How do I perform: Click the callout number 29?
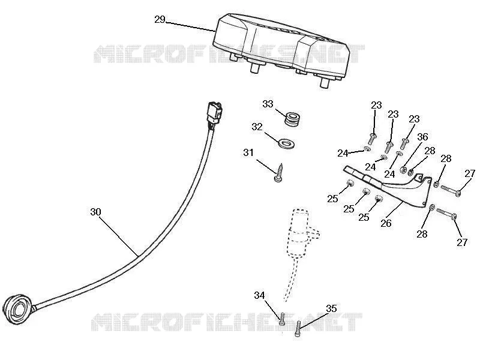coord(160,20)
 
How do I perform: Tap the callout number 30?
coord(96,212)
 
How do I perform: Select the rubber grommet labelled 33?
coord(292,119)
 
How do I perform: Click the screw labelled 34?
coord(282,319)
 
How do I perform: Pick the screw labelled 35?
coord(298,329)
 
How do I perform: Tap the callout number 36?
coord(423,137)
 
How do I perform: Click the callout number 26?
coord(386,223)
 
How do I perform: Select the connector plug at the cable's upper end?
coord(215,114)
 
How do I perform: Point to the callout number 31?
coord(248,152)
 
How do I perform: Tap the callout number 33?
coord(268,104)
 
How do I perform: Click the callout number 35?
coord(331,308)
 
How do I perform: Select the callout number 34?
coord(259,295)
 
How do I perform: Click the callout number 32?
coord(257,127)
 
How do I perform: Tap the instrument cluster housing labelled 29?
coord(281,49)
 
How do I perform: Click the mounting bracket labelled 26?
coord(395,187)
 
